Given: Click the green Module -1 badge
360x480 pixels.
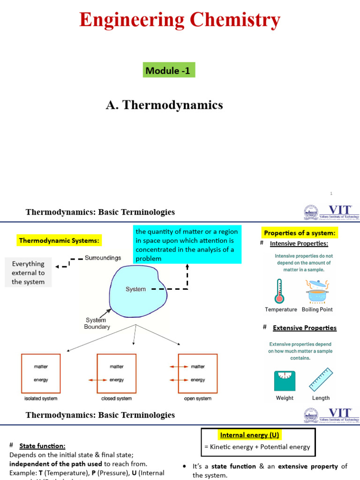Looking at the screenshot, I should pyautogui.click(x=169, y=71).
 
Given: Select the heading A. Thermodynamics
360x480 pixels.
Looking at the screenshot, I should pyautogui.click(x=164, y=105).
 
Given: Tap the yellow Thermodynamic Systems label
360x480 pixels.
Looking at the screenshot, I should pyautogui.click(x=59, y=240).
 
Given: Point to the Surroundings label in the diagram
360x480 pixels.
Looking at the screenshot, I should pyautogui.click(x=103, y=258).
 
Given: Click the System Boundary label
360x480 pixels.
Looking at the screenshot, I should pyautogui.click(x=97, y=323).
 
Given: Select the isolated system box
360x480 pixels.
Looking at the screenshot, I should pyautogui.click(x=41, y=373).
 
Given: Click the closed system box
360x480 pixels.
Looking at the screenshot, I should pyautogui.click(x=116, y=373).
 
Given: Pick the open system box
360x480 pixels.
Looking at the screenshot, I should pyautogui.click(x=197, y=373).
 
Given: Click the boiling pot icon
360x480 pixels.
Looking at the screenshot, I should pyautogui.click(x=317, y=292).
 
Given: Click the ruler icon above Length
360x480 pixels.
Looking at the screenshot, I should pyautogui.click(x=321, y=380).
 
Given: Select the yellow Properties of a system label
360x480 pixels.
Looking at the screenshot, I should pyautogui.click(x=300, y=233).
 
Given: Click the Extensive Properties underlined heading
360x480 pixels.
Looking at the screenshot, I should pyautogui.click(x=305, y=328).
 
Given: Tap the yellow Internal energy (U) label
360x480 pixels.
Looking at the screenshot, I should pyautogui.click(x=249, y=435).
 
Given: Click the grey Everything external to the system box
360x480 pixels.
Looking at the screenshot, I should pyautogui.click(x=28, y=273).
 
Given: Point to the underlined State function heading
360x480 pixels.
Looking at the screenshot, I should pyautogui.click(x=42, y=446).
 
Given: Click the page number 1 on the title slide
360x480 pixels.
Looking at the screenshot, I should pyautogui.click(x=331, y=193).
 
